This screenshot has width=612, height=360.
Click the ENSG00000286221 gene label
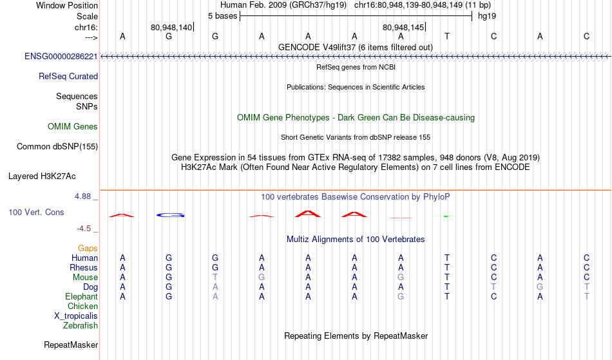pyautogui.click(x=61, y=57)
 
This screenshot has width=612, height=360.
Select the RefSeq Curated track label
pyautogui.click(x=68, y=77)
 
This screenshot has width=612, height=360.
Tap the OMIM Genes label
pyautogui.click(x=72, y=127)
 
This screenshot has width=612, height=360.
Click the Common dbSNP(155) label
pyautogui.click(x=57, y=147)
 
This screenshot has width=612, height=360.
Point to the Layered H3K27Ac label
pyautogui.click(x=42, y=176)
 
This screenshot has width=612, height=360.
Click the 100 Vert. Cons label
pyautogui.click(x=36, y=212)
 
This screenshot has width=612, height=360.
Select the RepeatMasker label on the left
pyautogui.click(x=71, y=345)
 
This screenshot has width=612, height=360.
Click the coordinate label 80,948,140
pyautogui.click(x=171, y=27)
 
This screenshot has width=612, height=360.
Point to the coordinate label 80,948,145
pyautogui.click(x=403, y=27)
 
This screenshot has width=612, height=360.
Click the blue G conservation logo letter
pyautogui.click(x=170, y=215)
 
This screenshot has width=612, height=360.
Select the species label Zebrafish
pyautogui.click(x=81, y=326)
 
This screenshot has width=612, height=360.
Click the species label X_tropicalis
pyautogui.click(x=76, y=316)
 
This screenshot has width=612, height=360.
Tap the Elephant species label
pyautogui.click(x=81, y=297)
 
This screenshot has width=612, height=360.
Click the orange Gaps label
pyautogui.click(x=88, y=249)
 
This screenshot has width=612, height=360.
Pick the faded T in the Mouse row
pyautogui.click(x=215, y=278)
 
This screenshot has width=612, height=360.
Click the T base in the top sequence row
pyautogui.click(x=447, y=36)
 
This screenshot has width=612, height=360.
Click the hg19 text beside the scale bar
pyautogui.click(x=487, y=16)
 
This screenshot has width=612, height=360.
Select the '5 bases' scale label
pyautogui.click(x=222, y=16)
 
